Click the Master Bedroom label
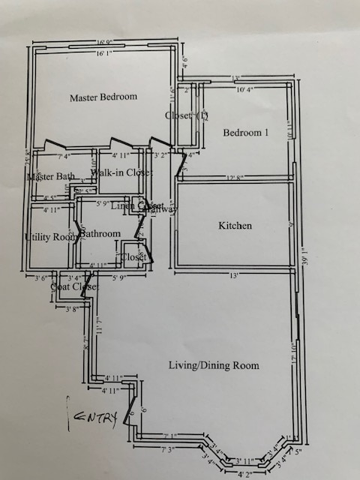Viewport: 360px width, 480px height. click(103, 97)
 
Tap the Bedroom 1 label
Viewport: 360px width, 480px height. click(245, 133)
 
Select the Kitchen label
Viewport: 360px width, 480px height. click(235, 225)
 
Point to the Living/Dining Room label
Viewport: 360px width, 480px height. click(213, 365)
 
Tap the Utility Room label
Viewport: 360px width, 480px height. click(51, 237)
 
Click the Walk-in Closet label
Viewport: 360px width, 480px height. click(121, 172)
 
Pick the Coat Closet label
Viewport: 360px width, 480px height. click(74, 286)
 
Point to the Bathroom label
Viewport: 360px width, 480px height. click(100, 233)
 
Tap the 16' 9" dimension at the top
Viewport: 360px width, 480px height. click(104, 43)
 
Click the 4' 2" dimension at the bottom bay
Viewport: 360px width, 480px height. click(245, 474)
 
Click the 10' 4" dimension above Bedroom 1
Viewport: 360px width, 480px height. click(246, 90)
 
